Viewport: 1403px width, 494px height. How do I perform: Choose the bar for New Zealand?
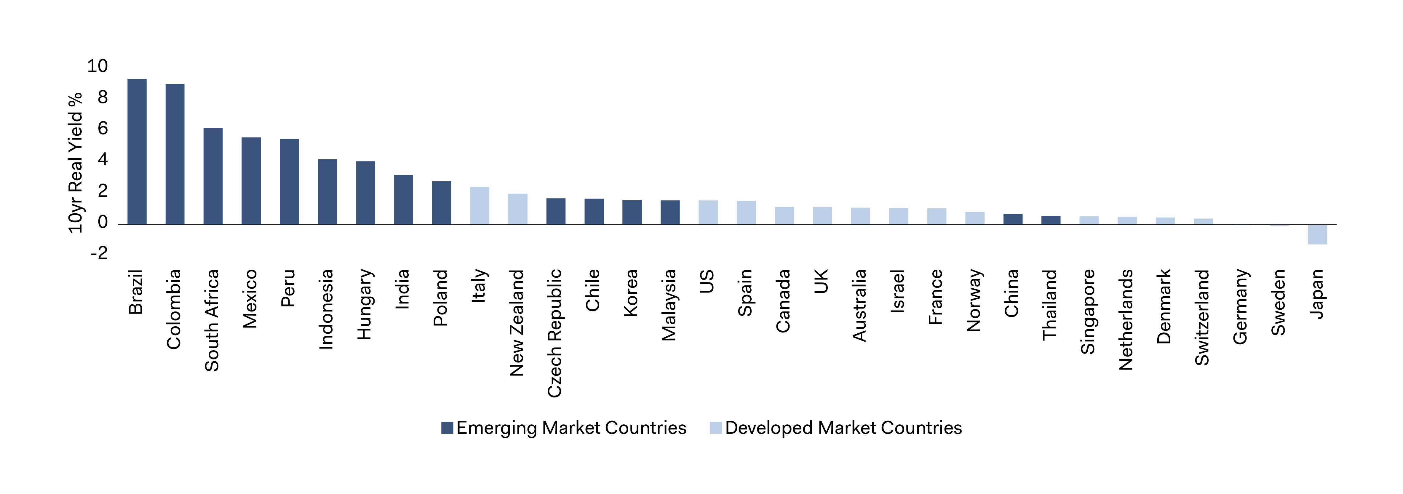point(517,209)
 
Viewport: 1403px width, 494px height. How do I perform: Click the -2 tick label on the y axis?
point(99,253)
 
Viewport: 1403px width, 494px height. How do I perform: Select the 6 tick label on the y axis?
point(102,129)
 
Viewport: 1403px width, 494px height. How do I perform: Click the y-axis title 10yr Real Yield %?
point(75,162)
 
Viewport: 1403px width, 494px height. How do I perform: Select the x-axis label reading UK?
point(821,281)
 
